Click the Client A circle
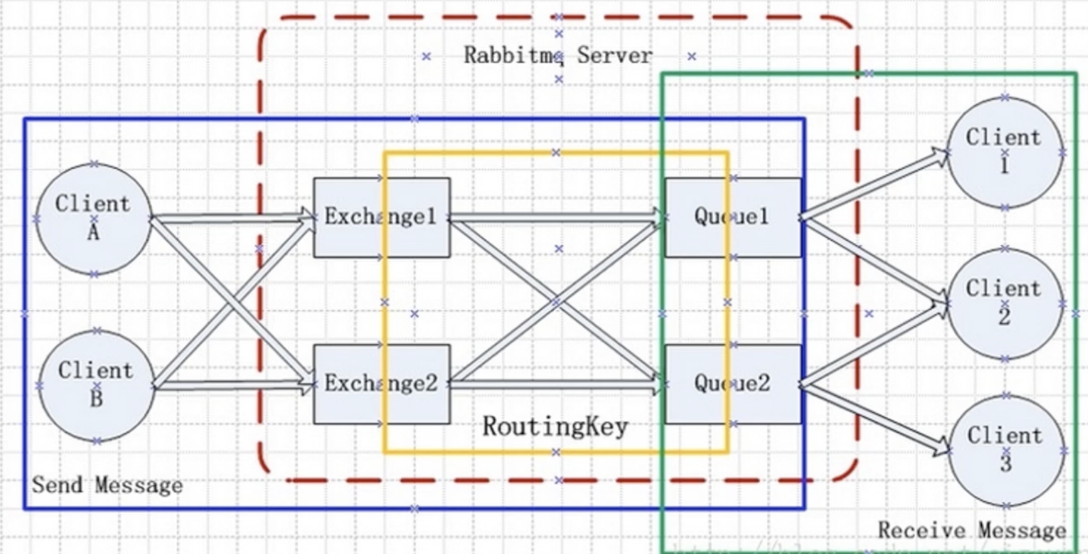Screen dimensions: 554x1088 [94, 219]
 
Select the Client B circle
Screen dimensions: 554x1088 [96, 385]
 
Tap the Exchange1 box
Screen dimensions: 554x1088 [381, 217]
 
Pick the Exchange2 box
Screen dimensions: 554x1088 [381, 384]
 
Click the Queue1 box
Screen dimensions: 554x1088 [732, 217]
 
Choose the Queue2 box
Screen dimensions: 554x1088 [732, 384]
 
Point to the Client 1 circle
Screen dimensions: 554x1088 [1004, 152]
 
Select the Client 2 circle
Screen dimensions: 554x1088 [1004, 304]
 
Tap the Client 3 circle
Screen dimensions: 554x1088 [1005, 450]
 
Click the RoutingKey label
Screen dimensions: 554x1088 [555, 427]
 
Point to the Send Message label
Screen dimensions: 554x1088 [107, 486]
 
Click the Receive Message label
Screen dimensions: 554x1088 [971, 531]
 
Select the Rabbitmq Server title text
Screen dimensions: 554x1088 [558, 55]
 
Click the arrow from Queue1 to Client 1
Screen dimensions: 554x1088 [873, 185]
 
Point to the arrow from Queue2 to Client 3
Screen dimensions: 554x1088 [873, 417]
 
